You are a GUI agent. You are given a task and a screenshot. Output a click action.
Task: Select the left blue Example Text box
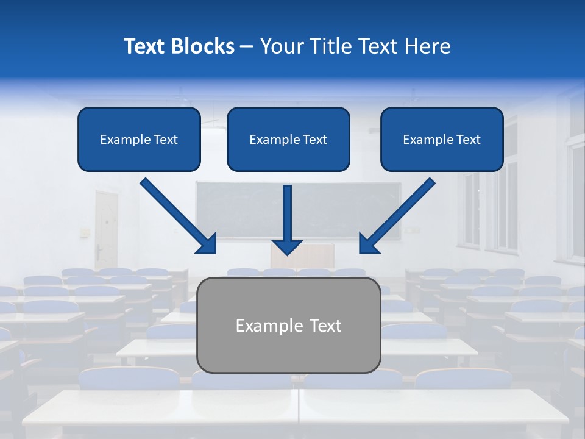click(139, 140)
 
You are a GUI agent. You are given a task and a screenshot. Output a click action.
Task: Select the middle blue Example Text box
click(288, 140)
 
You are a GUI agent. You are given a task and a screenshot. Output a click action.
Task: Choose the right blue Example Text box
click(442, 140)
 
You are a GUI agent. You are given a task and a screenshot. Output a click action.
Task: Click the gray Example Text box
click(289, 326)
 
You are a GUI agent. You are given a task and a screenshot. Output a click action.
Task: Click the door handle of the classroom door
click(98, 248)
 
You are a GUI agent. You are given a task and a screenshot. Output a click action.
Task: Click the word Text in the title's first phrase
click(146, 46)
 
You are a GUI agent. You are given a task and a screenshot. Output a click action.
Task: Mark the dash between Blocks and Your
click(247, 47)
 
